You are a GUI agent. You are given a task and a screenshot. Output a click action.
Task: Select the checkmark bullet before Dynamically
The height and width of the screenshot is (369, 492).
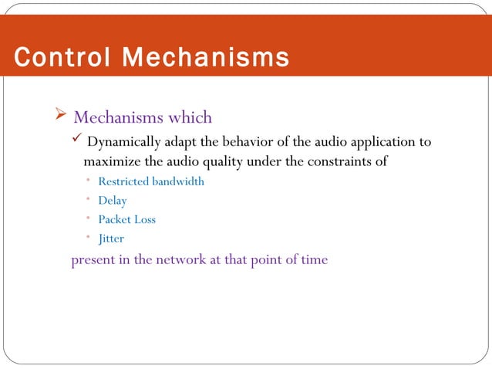click(x=76, y=141)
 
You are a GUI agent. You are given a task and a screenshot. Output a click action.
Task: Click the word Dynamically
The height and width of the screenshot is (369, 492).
click(x=122, y=143)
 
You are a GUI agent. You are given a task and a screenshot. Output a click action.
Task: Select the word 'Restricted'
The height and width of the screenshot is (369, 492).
click(x=124, y=182)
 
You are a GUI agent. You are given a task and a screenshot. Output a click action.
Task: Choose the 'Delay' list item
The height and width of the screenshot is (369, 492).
click(x=113, y=201)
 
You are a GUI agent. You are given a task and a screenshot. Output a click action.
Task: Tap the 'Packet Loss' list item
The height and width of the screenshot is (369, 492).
click(x=126, y=219)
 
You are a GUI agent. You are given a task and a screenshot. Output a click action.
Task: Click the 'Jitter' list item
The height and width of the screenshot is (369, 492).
click(x=111, y=239)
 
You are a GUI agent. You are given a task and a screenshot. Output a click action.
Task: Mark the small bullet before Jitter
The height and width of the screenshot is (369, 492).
click(x=89, y=239)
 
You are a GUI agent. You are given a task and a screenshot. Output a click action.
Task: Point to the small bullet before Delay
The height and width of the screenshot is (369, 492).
click(x=89, y=201)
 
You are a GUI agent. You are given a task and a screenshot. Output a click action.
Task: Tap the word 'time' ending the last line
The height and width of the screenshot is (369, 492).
click(x=314, y=259)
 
